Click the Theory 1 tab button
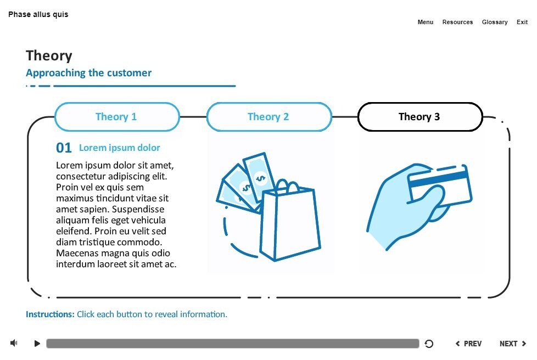pos(117,117)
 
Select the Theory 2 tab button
pos(269,117)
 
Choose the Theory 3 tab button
pos(420,117)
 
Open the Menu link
pos(426,22)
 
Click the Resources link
pos(457,22)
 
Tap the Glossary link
pos(495,22)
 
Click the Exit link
pos(522,22)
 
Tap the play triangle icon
pos(37,344)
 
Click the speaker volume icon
pos(14,344)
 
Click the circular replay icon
pos(429,344)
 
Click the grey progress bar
pos(232,344)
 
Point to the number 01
pos(64,148)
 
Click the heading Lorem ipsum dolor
pos(120,148)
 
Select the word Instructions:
pos(50,314)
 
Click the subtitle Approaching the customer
pos(88,73)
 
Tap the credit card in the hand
pos(439,185)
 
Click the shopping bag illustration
pos(289,222)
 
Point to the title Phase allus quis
pos(38,14)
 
